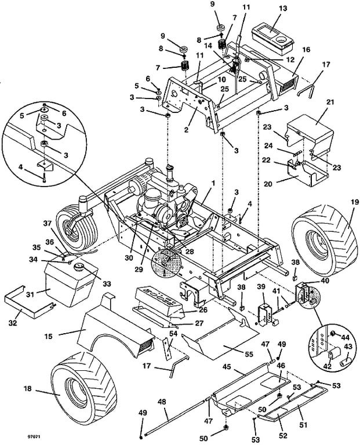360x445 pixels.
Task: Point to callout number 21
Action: coord(331,102)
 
